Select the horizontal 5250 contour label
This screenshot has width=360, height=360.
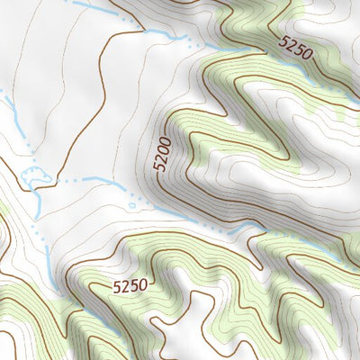tap(130, 286)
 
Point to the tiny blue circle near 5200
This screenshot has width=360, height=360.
tap(132, 206)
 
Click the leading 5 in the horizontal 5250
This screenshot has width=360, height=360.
tap(117, 286)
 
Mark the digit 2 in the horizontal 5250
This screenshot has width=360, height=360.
tap(125, 286)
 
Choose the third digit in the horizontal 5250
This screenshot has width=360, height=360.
tap(133, 286)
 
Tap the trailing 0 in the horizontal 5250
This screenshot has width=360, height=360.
tap(142, 286)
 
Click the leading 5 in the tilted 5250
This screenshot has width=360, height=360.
tap(284, 40)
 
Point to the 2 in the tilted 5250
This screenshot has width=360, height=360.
tap(292, 45)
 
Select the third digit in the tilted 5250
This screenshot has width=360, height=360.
tap(299, 49)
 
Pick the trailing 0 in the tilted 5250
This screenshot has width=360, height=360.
tap(306, 54)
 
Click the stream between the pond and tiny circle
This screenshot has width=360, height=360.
tap(90, 182)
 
